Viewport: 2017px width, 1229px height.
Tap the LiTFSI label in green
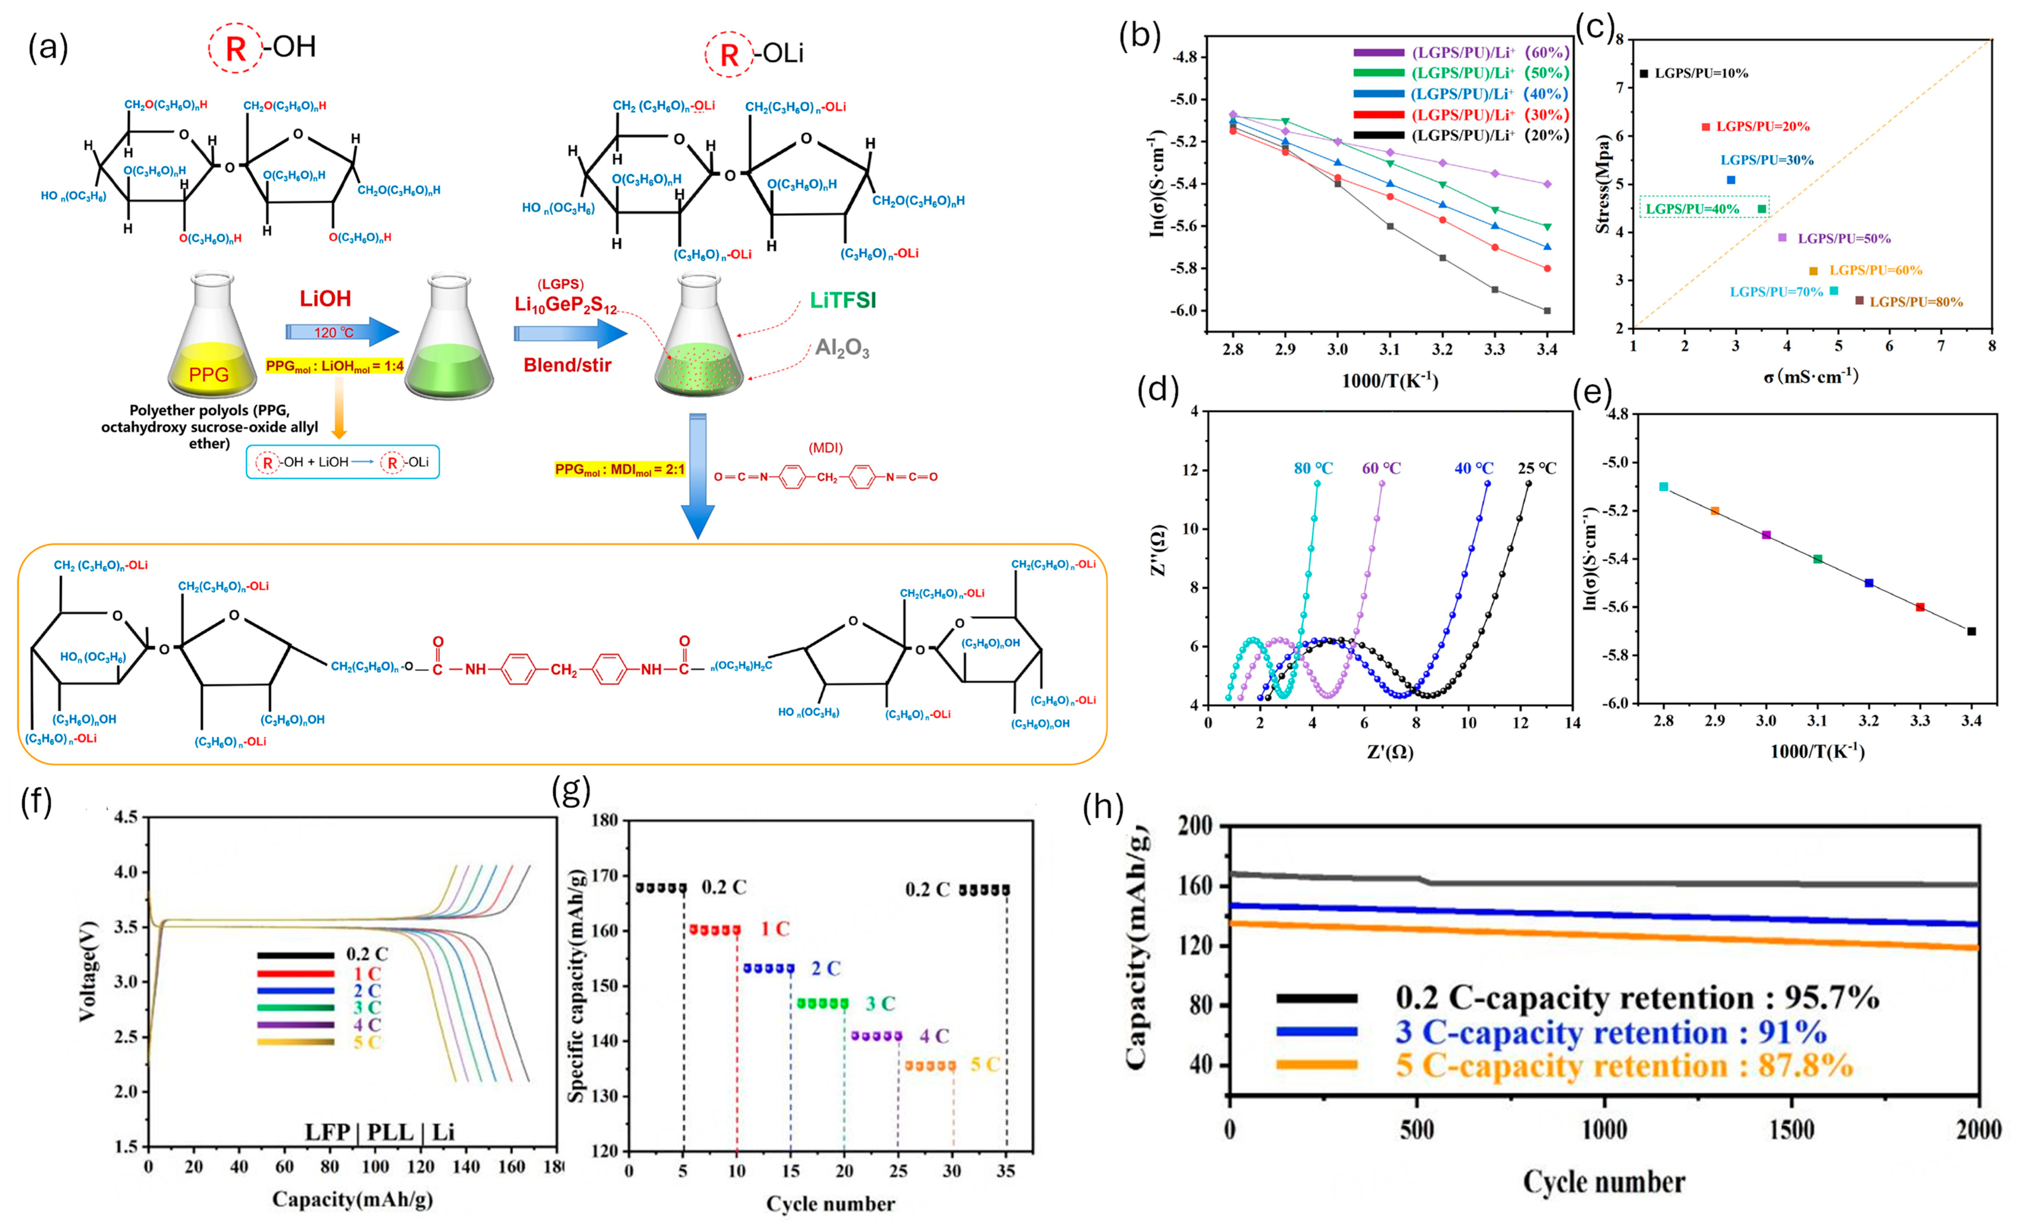(842, 300)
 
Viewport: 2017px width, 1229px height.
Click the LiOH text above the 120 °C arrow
(325, 299)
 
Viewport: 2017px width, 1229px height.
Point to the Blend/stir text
(567, 365)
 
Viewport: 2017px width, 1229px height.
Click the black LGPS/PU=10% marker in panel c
(1644, 74)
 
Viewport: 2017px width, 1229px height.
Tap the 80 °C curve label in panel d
(1313, 468)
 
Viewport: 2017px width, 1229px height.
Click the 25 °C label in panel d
(1536, 468)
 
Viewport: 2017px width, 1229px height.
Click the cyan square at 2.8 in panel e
(1663, 486)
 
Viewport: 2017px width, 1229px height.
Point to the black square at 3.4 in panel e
(1971, 631)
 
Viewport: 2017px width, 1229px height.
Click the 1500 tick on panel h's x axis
(1791, 1130)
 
